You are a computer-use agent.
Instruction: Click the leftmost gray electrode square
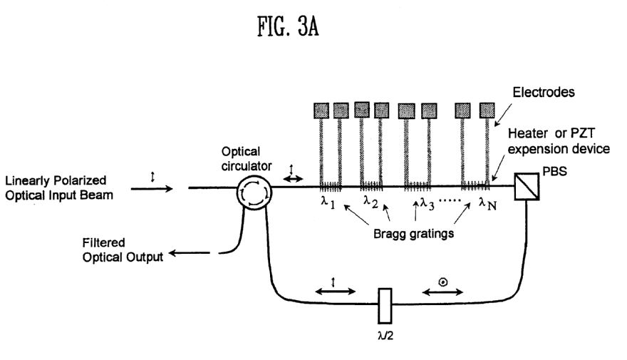pyautogui.click(x=322, y=110)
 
